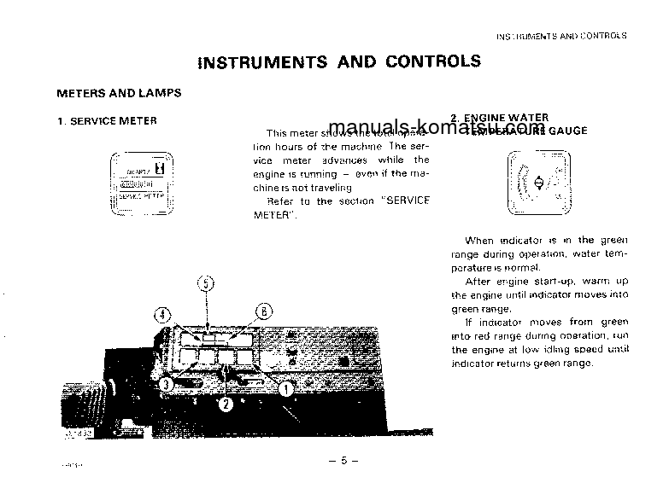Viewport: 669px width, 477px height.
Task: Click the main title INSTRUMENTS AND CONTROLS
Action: click(x=339, y=61)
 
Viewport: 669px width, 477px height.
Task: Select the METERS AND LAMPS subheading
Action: click(x=118, y=92)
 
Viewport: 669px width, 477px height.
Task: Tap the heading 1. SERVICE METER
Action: click(x=107, y=121)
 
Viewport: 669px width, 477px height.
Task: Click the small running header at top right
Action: click(x=561, y=36)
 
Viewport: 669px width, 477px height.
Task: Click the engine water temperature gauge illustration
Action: click(x=538, y=183)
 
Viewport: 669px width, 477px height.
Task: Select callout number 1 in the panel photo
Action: click(x=287, y=387)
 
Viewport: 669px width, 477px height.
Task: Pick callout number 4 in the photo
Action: click(x=162, y=312)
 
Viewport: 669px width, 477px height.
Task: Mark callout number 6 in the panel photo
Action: click(x=264, y=311)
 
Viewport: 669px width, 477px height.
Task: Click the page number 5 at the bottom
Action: click(x=343, y=461)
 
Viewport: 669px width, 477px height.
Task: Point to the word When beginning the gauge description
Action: click(x=480, y=241)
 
